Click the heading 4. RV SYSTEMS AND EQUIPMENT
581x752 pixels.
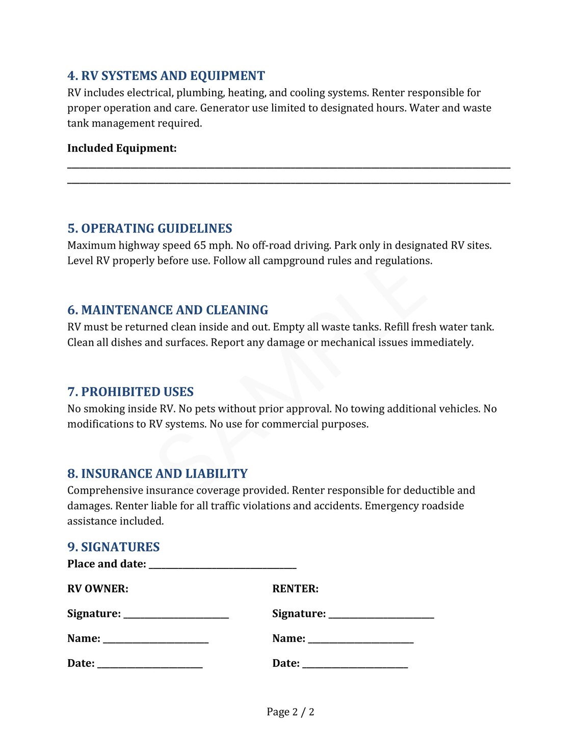pyautogui.click(x=166, y=76)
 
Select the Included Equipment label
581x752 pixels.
pyautogui.click(x=122, y=148)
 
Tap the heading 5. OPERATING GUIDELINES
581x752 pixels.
pyautogui.click(x=150, y=228)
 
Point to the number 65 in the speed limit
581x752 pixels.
pyautogui.click(x=200, y=246)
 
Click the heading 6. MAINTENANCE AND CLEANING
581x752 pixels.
pyautogui.click(x=168, y=310)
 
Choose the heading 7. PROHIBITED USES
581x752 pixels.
pyautogui.click(x=130, y=392)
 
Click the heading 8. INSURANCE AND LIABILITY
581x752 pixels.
pyautogui.click(x=157, y=474)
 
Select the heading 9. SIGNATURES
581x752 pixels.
pyautogui.click(x=114, y=547)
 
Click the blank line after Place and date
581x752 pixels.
pyautogui.click(x=222, y=565)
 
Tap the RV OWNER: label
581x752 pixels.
pyautogui.click(x=98, y=589)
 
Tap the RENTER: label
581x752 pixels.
pyautogui.click(x=295, y=589)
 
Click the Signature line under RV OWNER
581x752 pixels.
pyautogui.click(x=176, y=615)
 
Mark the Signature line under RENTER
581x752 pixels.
pyautogui.click(x=381, y=615)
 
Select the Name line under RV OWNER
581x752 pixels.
pyautogui.click(x=155, y=640)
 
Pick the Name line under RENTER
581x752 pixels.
pyautogui.click(x=360, y=640)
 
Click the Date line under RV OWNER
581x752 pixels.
pyautogui.click(x=150, y=665)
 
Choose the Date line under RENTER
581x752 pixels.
pyautogui.click(x=355, y=665)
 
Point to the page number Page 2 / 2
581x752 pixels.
pyautogui.click(x=290, y=712)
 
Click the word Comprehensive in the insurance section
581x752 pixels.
pyautogui.click(x=105, y=490)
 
